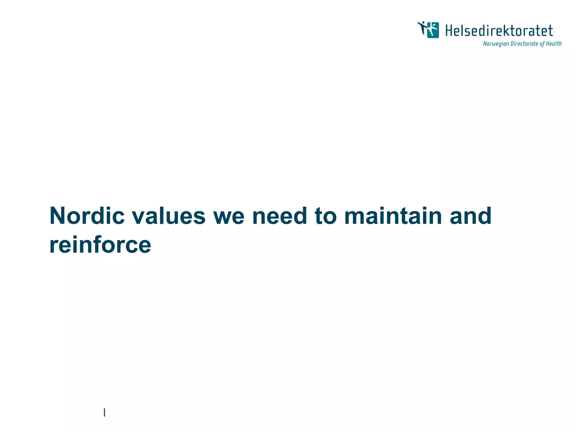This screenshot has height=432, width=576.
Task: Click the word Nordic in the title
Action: point(87,216)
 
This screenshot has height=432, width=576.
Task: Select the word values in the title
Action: point(169,216)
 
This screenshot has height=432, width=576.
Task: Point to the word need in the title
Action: point(279,216)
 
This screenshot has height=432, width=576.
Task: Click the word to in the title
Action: point(325,216)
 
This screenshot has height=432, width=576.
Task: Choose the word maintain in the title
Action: point(393,216)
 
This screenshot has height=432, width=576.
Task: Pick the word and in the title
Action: point(470,216)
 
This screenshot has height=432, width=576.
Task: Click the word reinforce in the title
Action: point(100,245)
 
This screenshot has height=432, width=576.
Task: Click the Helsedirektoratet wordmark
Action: point(499,31)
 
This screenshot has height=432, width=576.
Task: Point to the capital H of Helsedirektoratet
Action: point(449,31)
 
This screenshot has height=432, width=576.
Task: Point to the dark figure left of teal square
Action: point(422,28)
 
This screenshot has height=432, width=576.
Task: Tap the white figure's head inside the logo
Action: point(433,25)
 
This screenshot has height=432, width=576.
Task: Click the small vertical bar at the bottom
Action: point(104,412)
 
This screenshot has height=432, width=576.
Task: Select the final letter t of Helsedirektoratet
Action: point(550,31)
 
